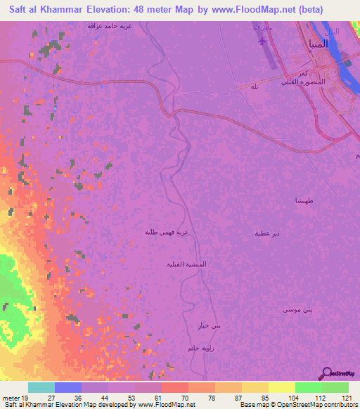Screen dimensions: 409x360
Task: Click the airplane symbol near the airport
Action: coord(263,40)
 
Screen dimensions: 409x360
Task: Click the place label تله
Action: coord(254,86)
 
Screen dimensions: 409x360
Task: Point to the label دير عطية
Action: coord(267,233)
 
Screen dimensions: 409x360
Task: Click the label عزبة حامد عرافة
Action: coord(110,25)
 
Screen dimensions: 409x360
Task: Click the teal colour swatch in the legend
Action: coord(41,387)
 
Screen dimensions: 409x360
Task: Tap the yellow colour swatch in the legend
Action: coord(281,387)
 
